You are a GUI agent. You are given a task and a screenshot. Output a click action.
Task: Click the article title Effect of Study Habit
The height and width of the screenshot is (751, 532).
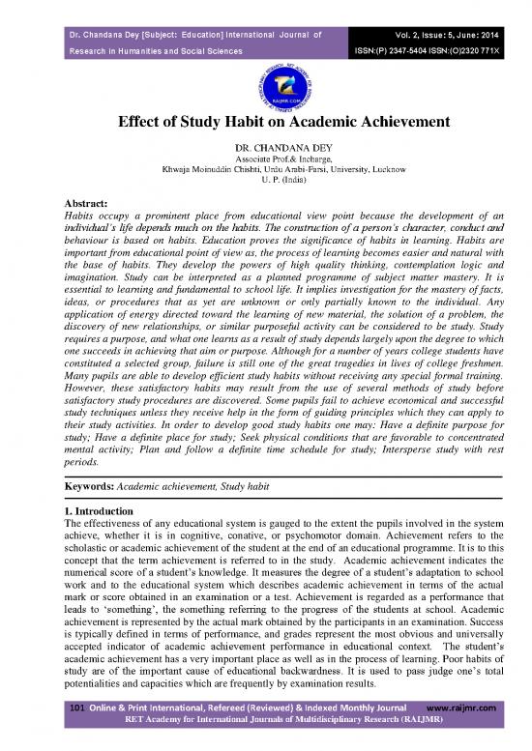[266, 124]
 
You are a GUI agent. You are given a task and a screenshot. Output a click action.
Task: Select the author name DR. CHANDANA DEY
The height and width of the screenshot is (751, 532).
[266, 151]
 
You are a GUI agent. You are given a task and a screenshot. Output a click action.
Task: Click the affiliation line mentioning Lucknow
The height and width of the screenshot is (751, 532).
[266, 174]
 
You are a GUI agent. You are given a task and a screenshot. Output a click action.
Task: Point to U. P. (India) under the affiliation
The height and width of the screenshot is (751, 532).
[266, 185]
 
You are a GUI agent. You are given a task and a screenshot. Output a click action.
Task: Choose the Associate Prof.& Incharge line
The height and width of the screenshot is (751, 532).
[266, 162]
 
